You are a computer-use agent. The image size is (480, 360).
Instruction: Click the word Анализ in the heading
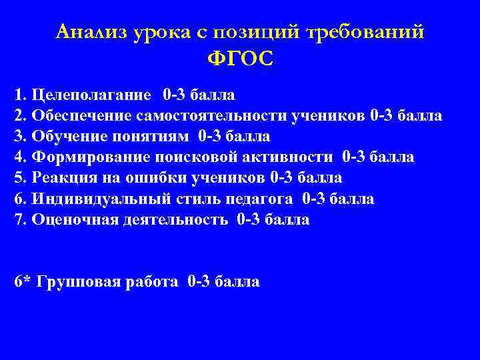[x=91, y=31]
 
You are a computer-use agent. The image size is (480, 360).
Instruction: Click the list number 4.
[x=18, y=157]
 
